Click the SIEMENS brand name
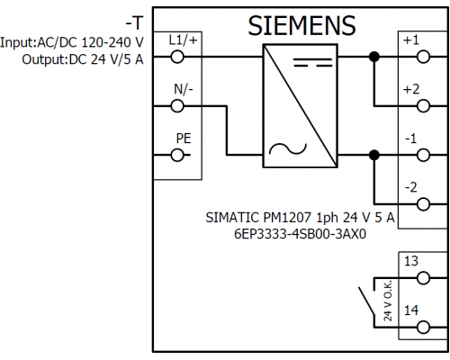tap(301, 26)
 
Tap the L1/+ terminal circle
tap(177, 57)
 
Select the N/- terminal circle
tap(177, 106)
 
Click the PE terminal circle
tap(177, 155)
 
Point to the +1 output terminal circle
tap(423, 57)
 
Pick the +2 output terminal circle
tap(423, 106)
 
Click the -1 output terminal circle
tap(423, 155)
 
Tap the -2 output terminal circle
tap(423, 204)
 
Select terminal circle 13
tap(423, 278)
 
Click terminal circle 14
tap(423, 328)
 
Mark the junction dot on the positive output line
tap(374, 57)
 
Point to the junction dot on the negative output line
tap(374, 155)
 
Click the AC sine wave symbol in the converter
tap(288, 148)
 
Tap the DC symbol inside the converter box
tap(313, 62)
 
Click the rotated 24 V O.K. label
tap(388, 301)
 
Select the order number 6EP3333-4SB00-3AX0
tap(300, 234)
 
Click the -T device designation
tap(134, 23)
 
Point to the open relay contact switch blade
tap(366, 301)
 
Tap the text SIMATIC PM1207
tap(259, 218)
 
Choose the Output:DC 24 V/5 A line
tap(83, 59)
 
